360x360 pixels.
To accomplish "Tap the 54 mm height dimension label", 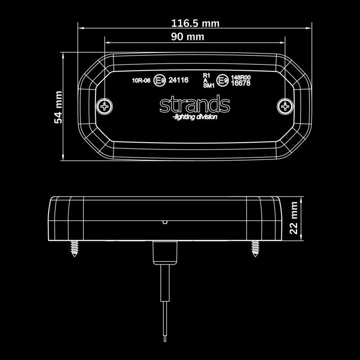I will (58, 106).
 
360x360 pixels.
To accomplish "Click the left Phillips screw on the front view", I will (105, 106).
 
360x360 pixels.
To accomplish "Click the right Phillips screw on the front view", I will (285, 106).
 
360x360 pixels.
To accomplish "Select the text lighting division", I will (194, 117).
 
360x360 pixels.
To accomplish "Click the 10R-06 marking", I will (140, 81).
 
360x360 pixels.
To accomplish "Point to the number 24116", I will (178, 81).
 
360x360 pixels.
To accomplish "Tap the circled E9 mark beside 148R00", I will (221, 81).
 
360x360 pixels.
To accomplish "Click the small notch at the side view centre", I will (165, 221).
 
